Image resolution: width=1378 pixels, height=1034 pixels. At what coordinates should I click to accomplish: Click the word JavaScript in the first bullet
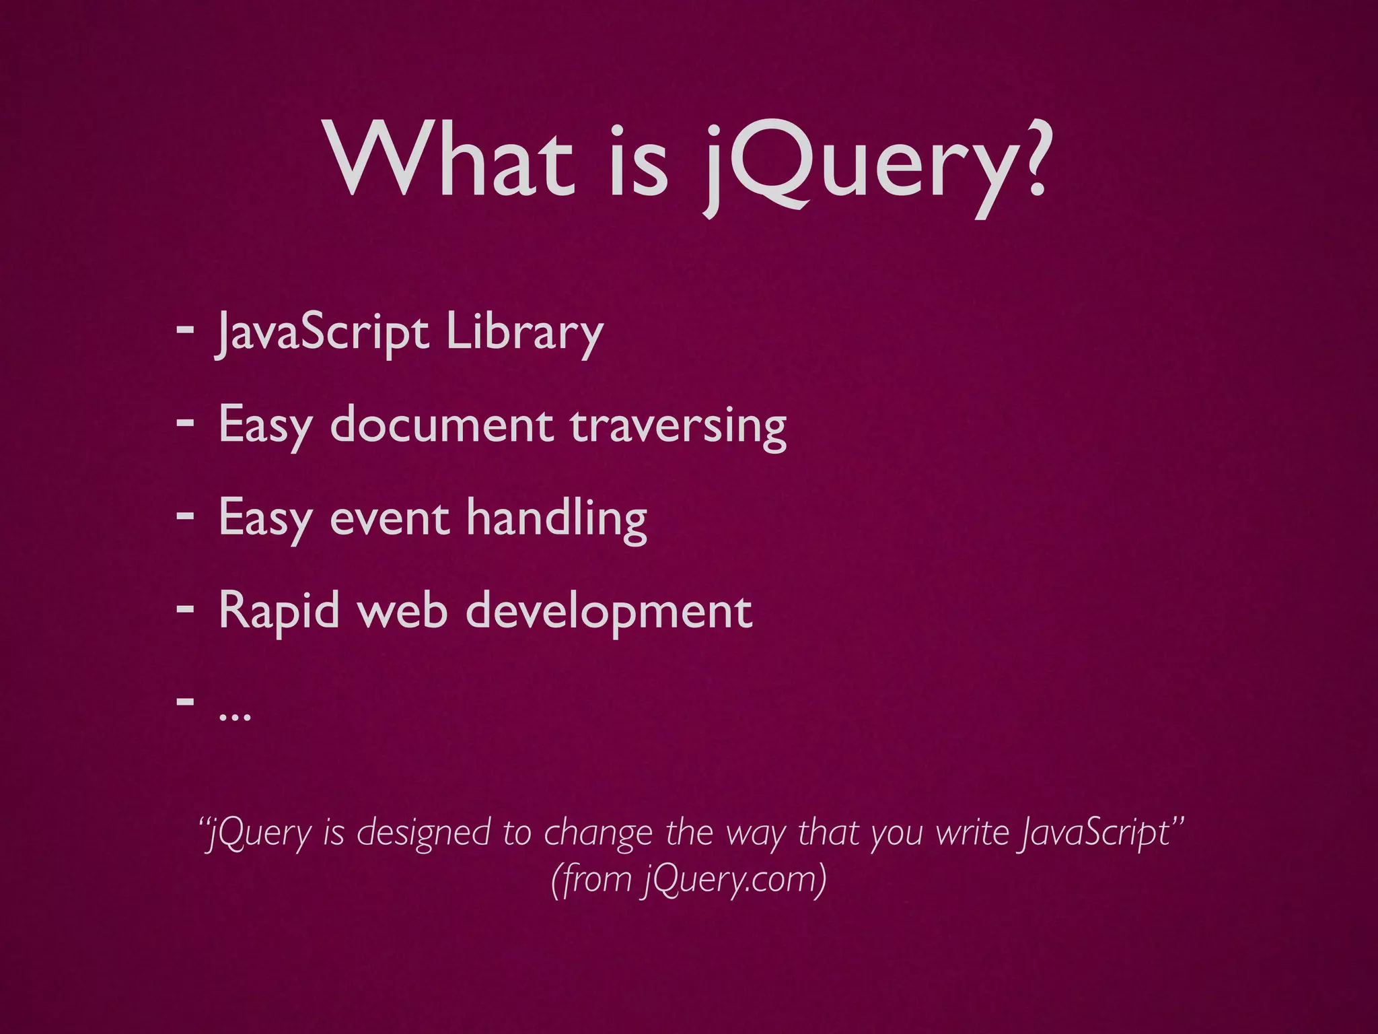pos(322,333)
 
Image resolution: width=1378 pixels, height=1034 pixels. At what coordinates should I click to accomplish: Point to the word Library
pos(524,333)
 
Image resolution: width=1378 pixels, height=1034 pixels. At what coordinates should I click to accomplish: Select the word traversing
pos(678,427)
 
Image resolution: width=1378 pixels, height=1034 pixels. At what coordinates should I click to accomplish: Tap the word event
pos(390,518)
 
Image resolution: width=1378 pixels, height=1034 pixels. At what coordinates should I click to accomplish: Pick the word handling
pos(556,518)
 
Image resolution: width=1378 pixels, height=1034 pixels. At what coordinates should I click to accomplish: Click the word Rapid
pos(279,611)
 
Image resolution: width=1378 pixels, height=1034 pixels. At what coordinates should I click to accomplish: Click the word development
pos(609,611)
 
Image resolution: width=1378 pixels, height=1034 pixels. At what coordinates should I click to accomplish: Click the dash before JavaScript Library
pos(184,330)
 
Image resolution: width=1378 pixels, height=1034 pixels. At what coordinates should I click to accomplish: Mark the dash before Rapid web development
pos(184,608)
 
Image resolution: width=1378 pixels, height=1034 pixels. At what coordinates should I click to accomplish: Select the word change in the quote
pos(598,833)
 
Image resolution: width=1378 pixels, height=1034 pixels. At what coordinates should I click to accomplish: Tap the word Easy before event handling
pos(266,518)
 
